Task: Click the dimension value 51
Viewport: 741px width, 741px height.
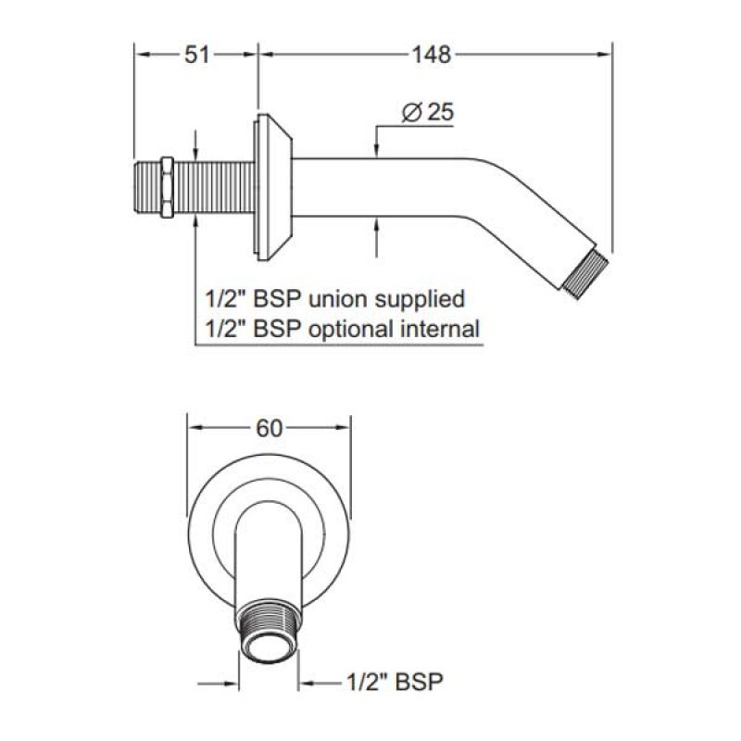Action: [196, 55]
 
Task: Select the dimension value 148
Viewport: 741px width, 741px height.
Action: [432, 55]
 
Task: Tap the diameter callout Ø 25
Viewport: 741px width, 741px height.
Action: [428, 112]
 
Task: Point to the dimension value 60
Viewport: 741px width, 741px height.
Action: [269, 428]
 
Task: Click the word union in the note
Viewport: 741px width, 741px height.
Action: [337, 299]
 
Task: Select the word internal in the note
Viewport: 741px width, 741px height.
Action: [441, 329]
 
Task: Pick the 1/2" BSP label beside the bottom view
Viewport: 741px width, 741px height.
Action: [396, 682]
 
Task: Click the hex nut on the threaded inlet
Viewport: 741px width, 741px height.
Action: [167, 187]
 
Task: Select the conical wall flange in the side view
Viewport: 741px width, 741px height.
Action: [272, 187]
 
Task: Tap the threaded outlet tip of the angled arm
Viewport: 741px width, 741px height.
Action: [585, 274]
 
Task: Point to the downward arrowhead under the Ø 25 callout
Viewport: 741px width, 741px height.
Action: [376, 149]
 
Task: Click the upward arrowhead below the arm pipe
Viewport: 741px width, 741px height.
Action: [376, 226]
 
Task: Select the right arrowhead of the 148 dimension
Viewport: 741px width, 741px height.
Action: [604, 55]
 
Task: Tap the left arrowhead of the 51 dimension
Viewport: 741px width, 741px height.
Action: [143, 55]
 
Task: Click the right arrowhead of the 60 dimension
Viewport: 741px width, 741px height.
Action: [342, 428]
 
